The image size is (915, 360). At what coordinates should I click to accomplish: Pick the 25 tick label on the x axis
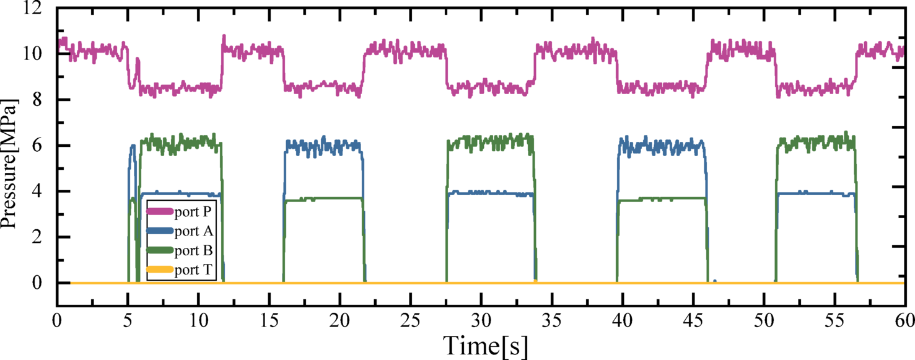pyautogui.click(x=410, y=320)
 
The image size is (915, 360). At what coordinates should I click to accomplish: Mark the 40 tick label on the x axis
pyautogui.click(x=622, y=320)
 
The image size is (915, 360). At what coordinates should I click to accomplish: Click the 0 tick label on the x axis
pyautogui.click(x=56, y=320)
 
